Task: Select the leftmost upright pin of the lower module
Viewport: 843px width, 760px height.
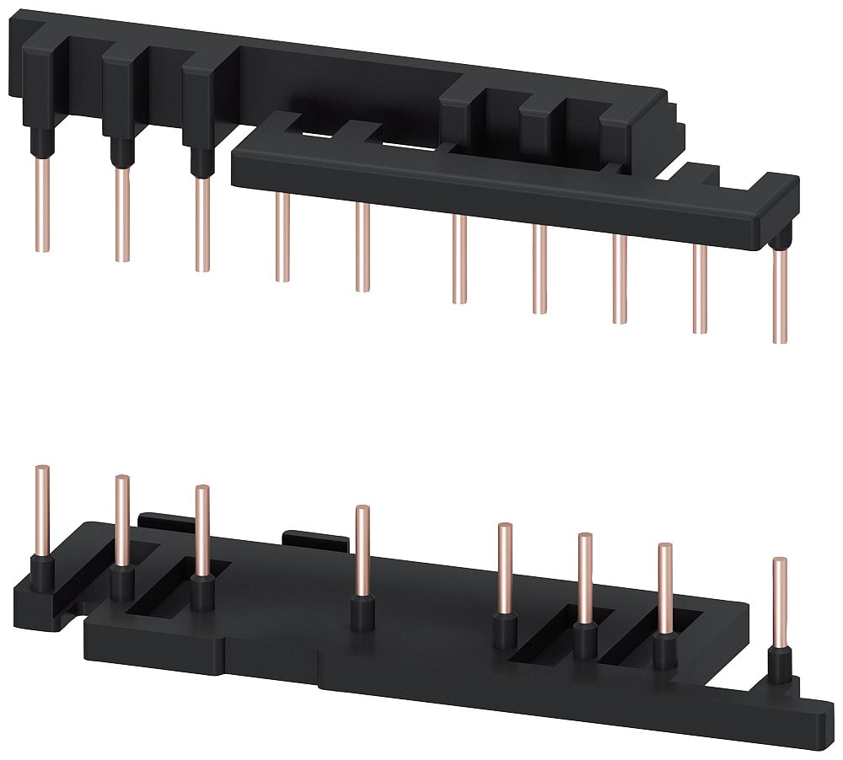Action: pyautogui.click(x=41, y=510)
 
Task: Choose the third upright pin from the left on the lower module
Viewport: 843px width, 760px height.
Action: pyautogui.click(x=201, y=531)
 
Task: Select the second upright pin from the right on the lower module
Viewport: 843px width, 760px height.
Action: pyautogui.click(x=665, y=590)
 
